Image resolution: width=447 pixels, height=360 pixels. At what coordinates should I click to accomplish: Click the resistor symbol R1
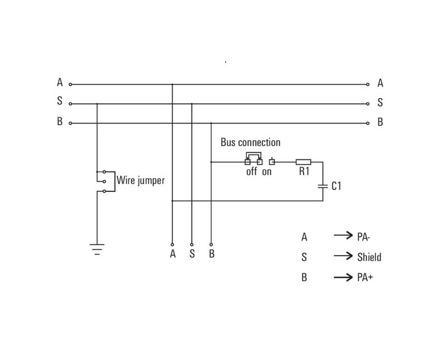point(303,162)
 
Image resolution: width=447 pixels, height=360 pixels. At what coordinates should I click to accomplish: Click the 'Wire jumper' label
point(140,181)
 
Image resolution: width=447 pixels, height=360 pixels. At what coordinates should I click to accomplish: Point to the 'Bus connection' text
point(250,143)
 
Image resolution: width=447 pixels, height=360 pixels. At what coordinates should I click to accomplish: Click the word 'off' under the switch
point(251,172)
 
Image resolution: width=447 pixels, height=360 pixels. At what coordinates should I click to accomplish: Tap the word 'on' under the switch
point(267,172)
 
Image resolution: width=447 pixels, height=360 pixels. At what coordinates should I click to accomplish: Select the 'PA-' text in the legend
point(363,237)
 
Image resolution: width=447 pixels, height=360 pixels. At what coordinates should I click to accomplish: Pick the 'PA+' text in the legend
point(364,277)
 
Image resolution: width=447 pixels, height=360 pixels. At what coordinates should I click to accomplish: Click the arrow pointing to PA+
point(343,276)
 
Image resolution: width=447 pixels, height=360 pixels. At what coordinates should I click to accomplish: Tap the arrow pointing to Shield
point(343,256)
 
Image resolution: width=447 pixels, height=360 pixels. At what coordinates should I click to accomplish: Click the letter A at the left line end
point(60,83)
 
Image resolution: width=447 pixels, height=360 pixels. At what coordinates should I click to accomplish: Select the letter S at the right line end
point(380,103)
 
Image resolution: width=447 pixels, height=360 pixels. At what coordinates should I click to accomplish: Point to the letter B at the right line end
point(380,122)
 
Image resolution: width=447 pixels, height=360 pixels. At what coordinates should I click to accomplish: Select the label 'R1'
point(303,172)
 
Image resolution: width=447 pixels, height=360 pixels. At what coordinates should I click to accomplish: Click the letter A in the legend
point(304,237)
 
